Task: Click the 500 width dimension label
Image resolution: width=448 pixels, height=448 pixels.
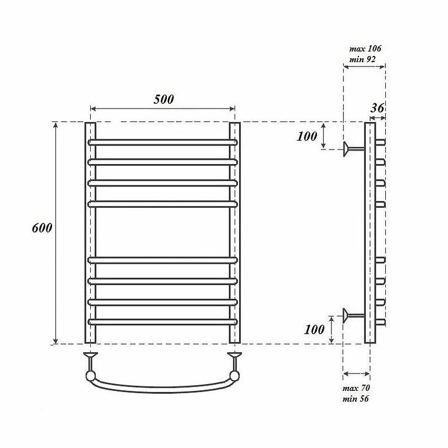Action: (x=164, y=99)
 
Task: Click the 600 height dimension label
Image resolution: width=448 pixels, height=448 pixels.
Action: (x=42, y=228)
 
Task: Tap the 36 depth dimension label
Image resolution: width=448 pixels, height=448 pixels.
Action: (x=377, y=108)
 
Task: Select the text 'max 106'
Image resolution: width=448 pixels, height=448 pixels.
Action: (x=365, y=49)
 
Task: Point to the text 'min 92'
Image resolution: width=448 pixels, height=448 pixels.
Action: (x=362, y=59)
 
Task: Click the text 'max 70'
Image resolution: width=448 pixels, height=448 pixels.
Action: (x=356, y=388)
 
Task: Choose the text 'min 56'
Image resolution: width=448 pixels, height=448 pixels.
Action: (x=356, y=399)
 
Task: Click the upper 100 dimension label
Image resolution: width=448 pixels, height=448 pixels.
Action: (x=307, y=136)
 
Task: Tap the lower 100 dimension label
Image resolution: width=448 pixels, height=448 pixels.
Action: (x=314, y=329)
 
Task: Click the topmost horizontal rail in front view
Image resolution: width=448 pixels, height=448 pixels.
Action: (x=163, y=142)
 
